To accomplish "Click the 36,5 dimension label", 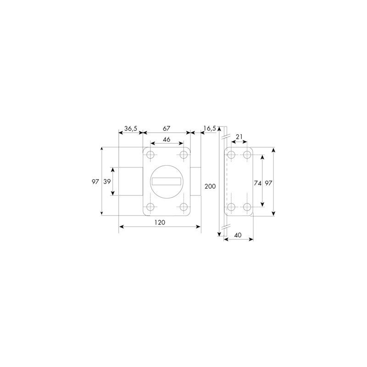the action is click(x=131, y=128).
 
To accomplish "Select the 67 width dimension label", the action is click(x=167, y=128).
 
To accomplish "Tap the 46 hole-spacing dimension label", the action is click(x=167, y=139).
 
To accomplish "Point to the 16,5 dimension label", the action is click(x=210, y=128).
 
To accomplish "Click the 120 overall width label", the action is click(x=160, y=222).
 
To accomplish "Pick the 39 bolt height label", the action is click(x=107, y=181).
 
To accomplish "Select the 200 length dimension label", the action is click(x=210, y=186).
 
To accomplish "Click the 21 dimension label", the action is click(x=239, y=137).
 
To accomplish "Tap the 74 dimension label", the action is click(x=257, y=183).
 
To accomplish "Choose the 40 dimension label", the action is click(x=238, y=235).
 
